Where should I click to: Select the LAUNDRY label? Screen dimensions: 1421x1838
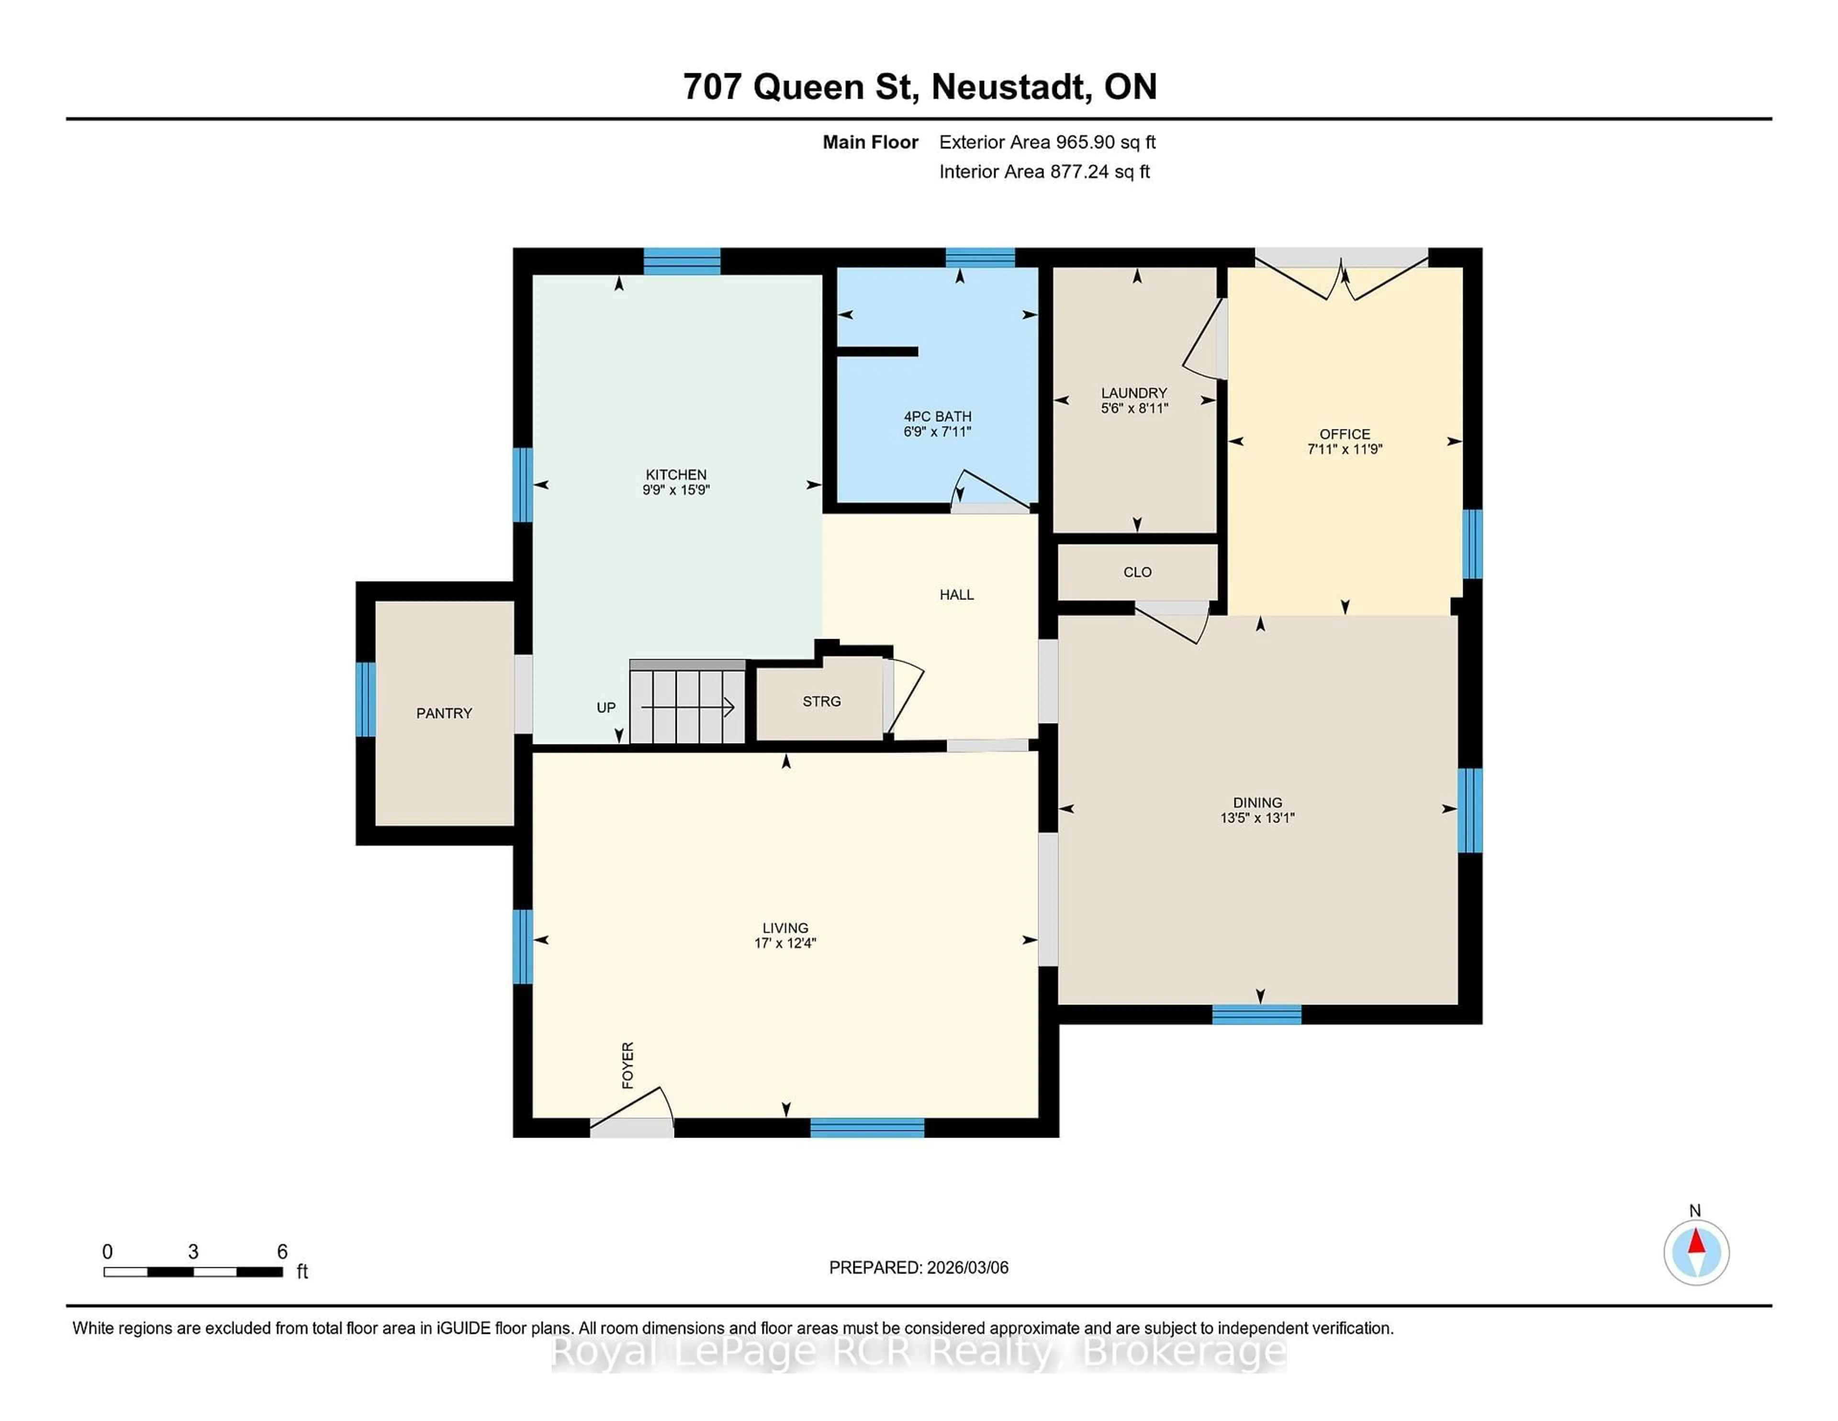point(1133,393)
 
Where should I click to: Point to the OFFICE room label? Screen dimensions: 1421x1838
point(1344,434)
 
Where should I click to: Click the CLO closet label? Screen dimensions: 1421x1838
point(1137,573)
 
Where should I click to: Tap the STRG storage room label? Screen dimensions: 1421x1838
point(821,701)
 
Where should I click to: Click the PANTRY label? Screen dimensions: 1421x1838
point(444,713)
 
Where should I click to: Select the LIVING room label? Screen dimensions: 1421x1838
point(785,928)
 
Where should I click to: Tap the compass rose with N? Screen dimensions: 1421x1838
point(1696,1252)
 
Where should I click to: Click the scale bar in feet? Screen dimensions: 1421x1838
point(193,1271)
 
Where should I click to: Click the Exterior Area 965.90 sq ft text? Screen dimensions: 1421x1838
point(1047,142)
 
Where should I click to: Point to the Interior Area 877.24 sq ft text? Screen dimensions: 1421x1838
point(1043,172)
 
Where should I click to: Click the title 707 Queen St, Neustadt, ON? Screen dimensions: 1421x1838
point(919,87)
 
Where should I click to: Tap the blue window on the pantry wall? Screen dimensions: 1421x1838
point(365,699)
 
